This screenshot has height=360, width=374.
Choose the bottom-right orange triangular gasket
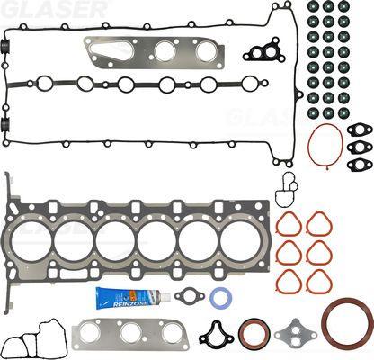coord(319,281)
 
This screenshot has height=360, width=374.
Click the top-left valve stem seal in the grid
coord(313,6)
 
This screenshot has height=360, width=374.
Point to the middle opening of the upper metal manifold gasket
coord(165,52)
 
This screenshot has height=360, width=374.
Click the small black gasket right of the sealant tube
coord(190,296)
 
